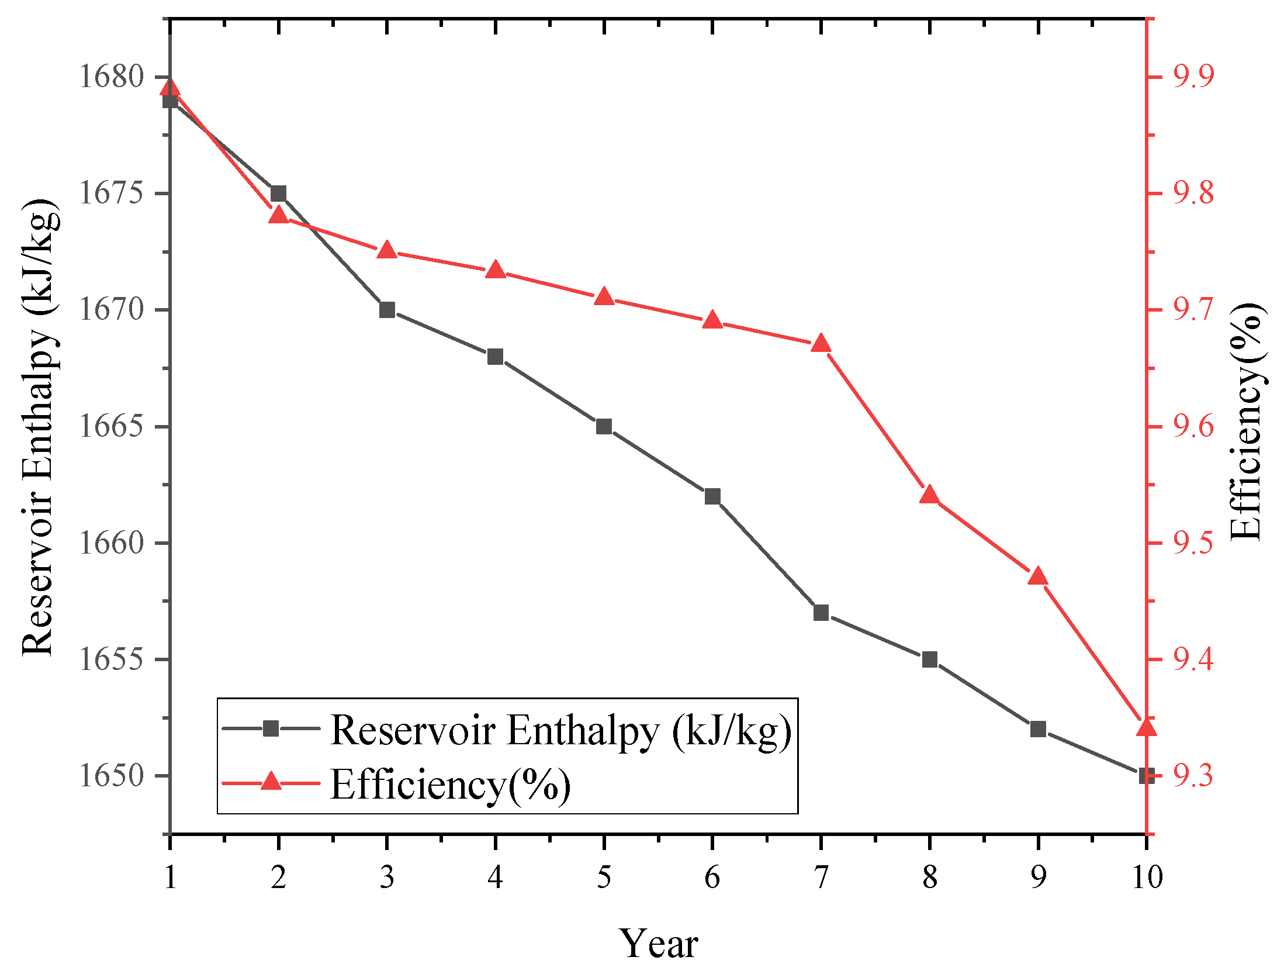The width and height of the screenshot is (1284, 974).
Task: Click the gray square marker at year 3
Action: pyautogui.click(x=387, y=310)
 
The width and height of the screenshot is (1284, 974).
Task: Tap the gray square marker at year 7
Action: pyautogui.click(x=821, y=613)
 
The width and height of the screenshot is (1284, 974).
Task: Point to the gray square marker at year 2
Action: pyautogui.click(x=279, y=194)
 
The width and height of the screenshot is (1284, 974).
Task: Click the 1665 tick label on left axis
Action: pyautogui.click(x=111, y=426)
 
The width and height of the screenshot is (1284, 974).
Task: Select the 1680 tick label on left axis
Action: pyautogui.click(x=111, y=77)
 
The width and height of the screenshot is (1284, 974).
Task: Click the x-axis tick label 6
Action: pyautogui.click(x=712, y=877)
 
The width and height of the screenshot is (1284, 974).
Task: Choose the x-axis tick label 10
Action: pyautogui.click(x=1147, y=877)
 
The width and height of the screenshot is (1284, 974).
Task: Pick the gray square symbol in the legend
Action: pyautogui.click(x=271, y=728)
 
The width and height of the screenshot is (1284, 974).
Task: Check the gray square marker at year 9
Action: pyautogui.click(x=1038, y=729)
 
